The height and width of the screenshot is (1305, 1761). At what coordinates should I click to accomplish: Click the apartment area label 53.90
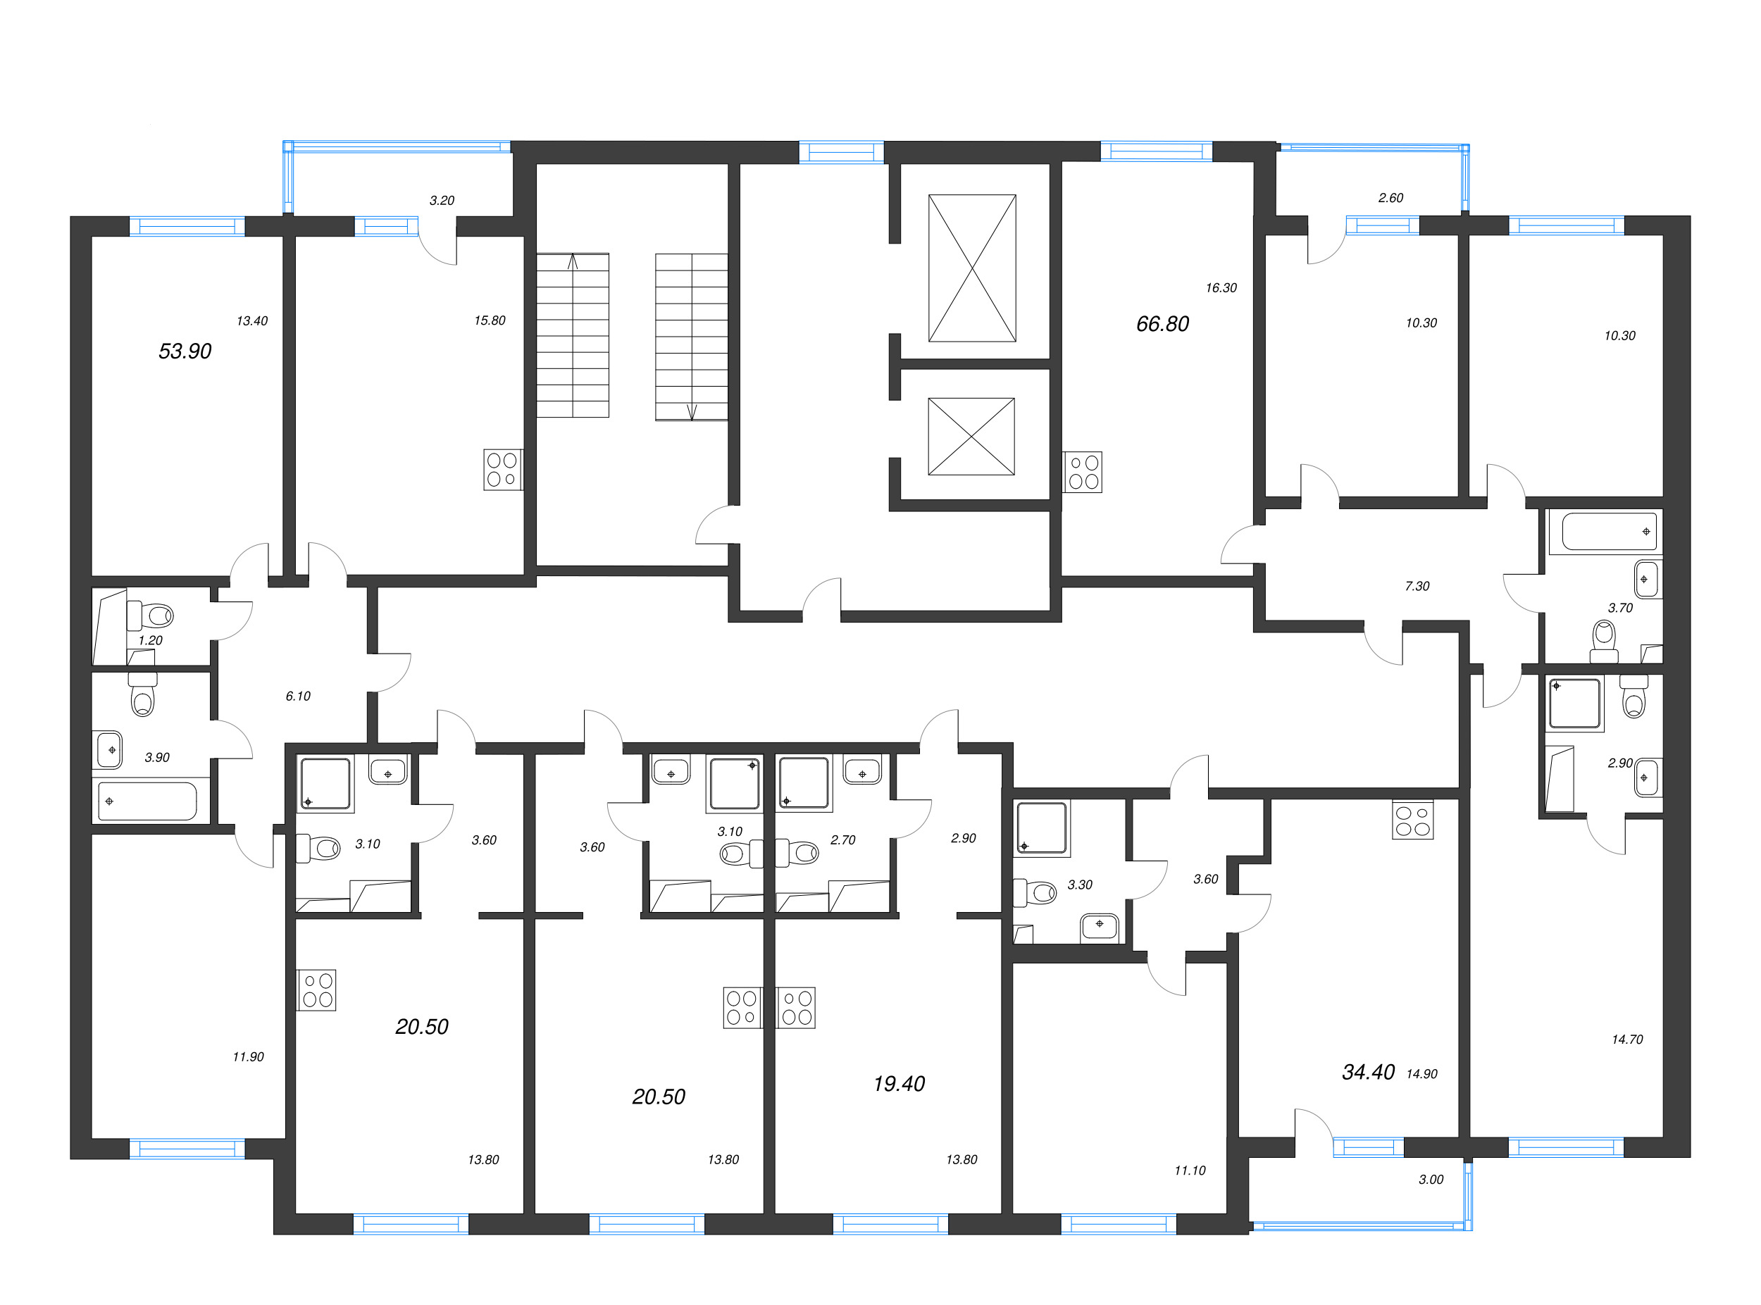click(x=185, y=351)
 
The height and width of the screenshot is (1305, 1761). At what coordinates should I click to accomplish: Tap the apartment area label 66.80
click(x=1162, y=324)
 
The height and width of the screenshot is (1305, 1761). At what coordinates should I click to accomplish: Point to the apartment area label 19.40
click(x=898, y=1084)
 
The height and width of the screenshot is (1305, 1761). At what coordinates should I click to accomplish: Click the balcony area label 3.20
click(x=442, y=201)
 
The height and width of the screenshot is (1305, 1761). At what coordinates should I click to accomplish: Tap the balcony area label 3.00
click(x=1431, y=1180)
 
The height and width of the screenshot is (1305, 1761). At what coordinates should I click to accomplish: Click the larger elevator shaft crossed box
click(x=972, y=268)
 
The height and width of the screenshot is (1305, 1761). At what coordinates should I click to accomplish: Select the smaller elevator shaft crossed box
click(x=971, y=436)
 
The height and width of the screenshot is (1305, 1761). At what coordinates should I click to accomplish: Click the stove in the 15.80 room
click(x=502, y=469)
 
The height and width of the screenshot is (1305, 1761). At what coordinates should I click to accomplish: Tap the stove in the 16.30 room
click(x=1083, y=473)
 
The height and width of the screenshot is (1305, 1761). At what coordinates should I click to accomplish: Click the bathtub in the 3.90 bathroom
click(x=147, y=801)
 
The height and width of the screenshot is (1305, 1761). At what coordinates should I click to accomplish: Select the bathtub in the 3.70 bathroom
click(x=1609, y=532)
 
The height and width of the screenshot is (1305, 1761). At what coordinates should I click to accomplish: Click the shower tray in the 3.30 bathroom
click(x=1041, y=828)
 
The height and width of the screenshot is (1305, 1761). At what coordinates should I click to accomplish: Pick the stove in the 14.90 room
click(x=1412, y=822)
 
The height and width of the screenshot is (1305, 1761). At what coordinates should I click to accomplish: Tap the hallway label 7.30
click(x=1417, y=586)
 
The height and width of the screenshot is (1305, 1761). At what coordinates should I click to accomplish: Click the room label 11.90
click(x=248, y=1057)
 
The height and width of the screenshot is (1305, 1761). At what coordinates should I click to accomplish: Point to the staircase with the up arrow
click(x=572, y=335)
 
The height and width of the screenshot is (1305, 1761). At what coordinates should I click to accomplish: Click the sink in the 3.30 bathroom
click(x=1099, y=926)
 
